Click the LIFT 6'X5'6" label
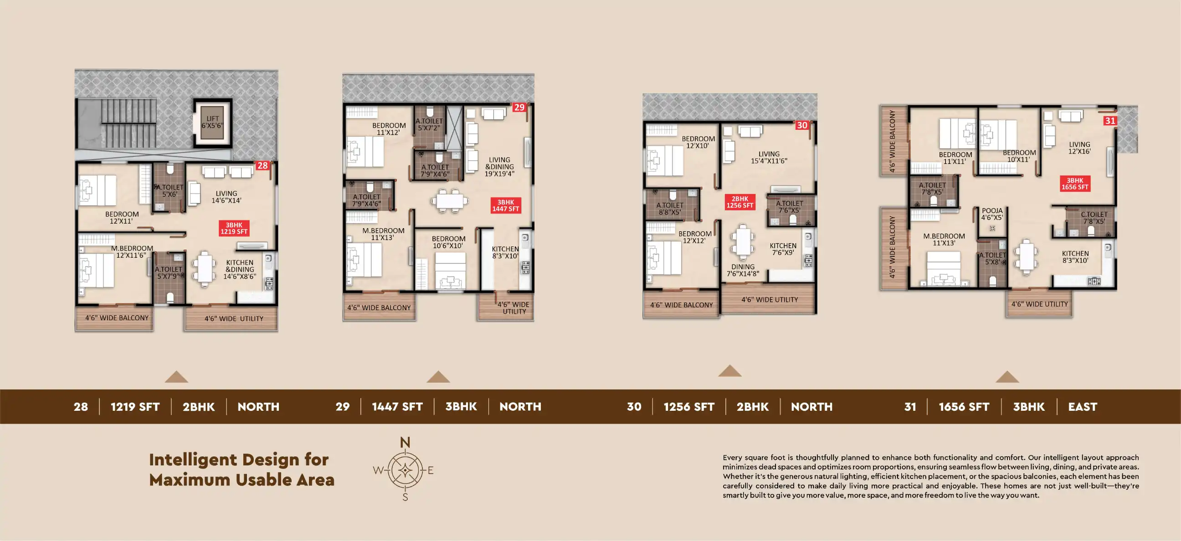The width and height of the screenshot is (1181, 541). [212, 122]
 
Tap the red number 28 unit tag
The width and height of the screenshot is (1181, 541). [262, 165]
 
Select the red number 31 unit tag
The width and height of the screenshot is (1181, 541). [1110, 121]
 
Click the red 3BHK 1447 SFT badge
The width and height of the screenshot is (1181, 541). [505, 205]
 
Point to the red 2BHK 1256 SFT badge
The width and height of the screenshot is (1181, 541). [739, 202]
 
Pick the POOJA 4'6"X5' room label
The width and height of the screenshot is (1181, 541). [992, 214]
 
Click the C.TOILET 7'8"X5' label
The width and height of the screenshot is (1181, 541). [1094, 218]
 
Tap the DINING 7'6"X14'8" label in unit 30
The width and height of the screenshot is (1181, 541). [743, 270]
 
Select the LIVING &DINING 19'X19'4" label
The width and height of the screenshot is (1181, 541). [499, 167]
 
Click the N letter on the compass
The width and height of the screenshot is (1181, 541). [405, 442]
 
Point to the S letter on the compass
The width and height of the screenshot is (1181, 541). [405, 497]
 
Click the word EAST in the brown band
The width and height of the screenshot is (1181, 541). [1083, 407]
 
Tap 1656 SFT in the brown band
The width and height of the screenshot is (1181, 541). [964, 407]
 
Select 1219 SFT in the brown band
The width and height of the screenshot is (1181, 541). [135, 407]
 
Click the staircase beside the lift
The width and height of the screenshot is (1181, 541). [128, 124]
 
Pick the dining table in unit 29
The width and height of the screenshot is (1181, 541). [450, 201]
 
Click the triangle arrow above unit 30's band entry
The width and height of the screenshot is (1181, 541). [729, 371]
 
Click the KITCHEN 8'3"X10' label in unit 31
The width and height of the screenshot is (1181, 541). [1075, 257]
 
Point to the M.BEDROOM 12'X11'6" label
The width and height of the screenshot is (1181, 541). [132, 251]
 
